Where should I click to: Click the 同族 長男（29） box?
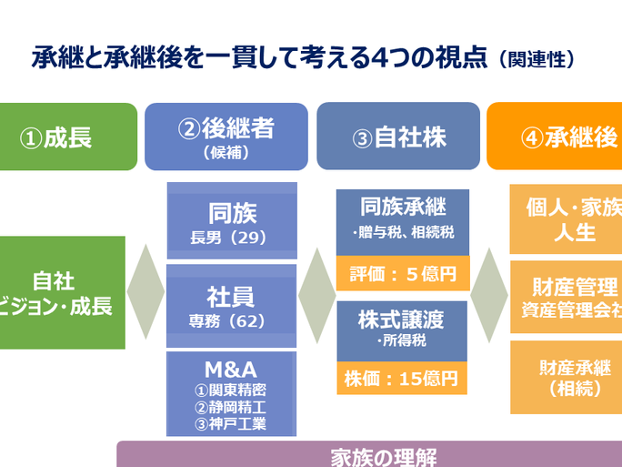[x=232, y=221]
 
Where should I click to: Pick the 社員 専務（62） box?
[x=232, y=305]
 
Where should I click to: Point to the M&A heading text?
[x=231, y=369]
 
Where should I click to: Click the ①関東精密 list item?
[x=231, y=390]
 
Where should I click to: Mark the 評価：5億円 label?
[x=402, y=273]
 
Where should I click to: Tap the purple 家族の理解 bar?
[x=369, y=454]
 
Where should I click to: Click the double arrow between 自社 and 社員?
[x=145, y=292]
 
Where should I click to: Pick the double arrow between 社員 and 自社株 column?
[x=316, y=292]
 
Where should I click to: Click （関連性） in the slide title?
[x=537, y=60]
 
